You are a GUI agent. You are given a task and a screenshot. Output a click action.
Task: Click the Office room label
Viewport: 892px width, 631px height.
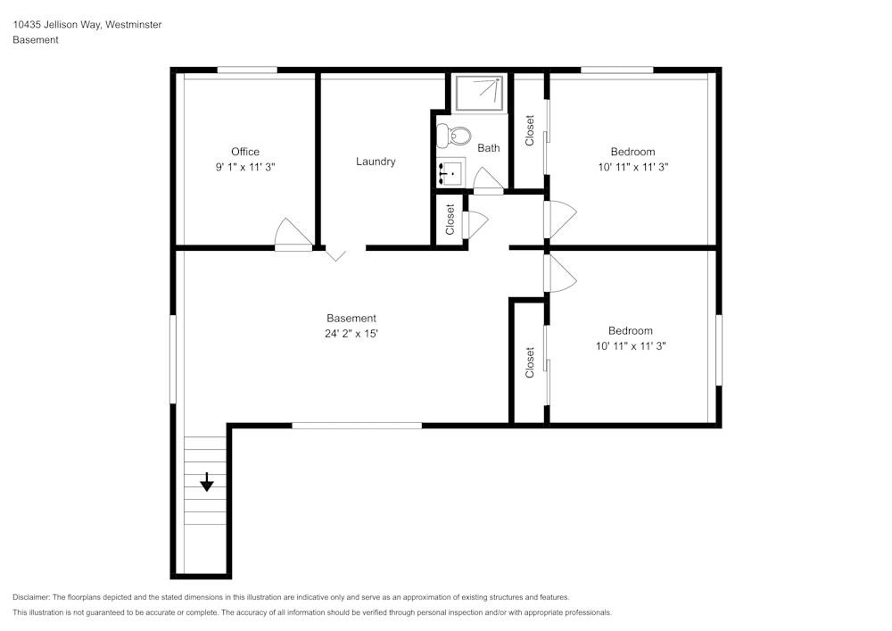tap(245, 152)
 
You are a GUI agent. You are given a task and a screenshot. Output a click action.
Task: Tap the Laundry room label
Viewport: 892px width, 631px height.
tap(376, 162)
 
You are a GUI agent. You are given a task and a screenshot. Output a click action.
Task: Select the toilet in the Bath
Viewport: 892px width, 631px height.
tap(456, 137)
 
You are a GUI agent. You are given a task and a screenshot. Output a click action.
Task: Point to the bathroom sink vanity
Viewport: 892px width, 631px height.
tap(450, 172)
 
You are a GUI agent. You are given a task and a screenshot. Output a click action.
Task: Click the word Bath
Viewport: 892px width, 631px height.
tap(488, 148)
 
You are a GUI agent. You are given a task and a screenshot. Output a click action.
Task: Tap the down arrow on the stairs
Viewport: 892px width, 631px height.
tap(207, 483)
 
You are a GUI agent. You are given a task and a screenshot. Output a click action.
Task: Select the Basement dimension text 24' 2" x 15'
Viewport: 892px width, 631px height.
tap(351, 334)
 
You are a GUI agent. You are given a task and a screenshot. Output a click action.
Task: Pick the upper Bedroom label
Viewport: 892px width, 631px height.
tap(632, 152)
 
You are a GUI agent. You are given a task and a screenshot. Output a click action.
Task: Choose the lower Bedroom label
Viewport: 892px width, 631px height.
tap(631, 330)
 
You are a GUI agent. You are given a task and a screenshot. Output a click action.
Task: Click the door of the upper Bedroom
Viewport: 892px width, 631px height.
tap(560, 220)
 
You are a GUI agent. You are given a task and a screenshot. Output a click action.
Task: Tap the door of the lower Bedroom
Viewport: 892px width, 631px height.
tap(560, 274)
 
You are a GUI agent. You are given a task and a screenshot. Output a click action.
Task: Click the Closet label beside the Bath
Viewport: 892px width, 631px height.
tap(530, 130)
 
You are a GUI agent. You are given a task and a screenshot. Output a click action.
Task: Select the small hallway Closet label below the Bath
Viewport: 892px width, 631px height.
tap(450, 220)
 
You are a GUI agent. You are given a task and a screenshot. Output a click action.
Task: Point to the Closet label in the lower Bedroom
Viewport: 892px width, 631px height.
tap(530, 362)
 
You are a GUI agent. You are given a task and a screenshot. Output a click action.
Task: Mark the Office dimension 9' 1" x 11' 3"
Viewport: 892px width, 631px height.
tap(245, 167)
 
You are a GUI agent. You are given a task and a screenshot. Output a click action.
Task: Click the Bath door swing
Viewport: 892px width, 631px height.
tap(488, 180)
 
